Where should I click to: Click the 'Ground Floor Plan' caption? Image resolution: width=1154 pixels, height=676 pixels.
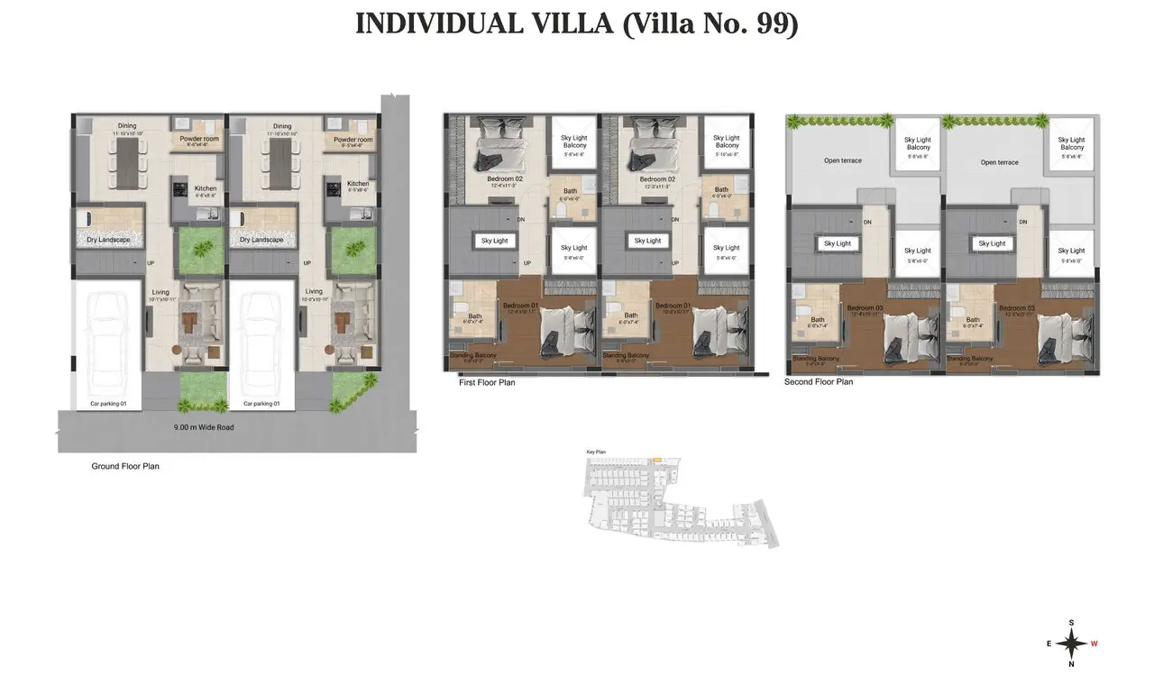[125, 466]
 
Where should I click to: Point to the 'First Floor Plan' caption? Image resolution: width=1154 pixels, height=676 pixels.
[487, 382]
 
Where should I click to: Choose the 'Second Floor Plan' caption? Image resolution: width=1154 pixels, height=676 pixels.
[819, 382]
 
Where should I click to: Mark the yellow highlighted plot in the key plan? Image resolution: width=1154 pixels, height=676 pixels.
[656, 461]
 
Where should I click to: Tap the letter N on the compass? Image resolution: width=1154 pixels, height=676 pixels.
[1071, 664]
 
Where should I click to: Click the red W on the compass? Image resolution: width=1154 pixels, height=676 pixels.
[1094, 644]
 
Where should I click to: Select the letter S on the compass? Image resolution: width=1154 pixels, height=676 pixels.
[1071, 623]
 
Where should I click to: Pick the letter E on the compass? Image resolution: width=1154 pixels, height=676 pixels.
[1049, 644]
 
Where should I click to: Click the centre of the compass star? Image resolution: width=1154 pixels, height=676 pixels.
[1071, 644]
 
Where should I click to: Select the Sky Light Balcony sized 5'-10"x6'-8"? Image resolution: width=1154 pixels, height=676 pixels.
[727, 145]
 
